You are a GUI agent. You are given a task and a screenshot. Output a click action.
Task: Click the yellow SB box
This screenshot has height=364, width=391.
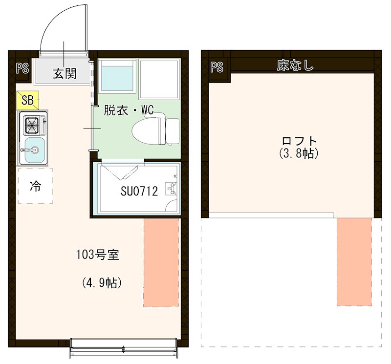click(27, 101)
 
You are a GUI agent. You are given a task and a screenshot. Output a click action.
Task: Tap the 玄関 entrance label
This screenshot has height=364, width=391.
click(64, 74)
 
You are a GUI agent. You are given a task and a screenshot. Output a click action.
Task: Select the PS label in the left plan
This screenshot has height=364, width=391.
click(22, 68)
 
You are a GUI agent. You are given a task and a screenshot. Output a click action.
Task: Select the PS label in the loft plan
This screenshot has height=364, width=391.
click(217, 67)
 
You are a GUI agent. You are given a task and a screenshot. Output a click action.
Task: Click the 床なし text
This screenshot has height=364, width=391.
click(295, 65)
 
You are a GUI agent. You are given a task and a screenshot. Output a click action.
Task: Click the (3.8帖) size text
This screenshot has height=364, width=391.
click(300, 153)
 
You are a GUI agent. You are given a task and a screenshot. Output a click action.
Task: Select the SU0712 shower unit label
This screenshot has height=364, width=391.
click(139, 191)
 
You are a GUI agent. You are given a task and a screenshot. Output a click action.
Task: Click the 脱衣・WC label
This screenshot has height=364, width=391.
click(129, 110)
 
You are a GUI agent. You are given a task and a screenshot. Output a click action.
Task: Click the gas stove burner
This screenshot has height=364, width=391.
click(32, 126)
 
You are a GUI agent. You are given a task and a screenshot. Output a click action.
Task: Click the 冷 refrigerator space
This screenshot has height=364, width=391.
click(35, 186)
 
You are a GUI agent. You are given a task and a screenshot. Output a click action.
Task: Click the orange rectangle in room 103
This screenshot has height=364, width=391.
click(161, 263)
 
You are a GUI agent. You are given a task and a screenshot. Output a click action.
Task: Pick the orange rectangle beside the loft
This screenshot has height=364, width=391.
click(354, 261)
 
